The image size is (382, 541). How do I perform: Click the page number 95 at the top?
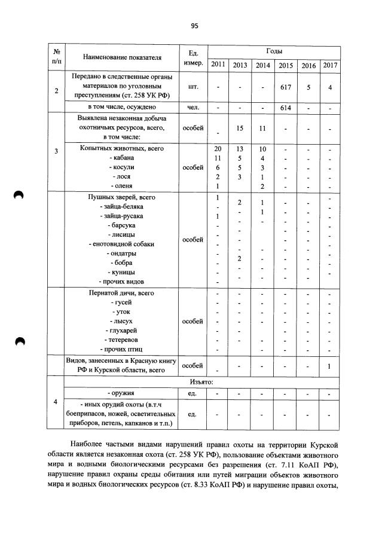pyautogui.click(x=194, y=26)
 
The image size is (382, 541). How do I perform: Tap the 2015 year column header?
pyautogui.click(x=286, y=65)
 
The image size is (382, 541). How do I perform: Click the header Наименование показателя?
pyautogui.click(x=123, y=58)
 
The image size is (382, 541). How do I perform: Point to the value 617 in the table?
pyautogui.click(x=286, y=87)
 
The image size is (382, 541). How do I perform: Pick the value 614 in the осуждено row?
pyautogui.click(x=286, y=108)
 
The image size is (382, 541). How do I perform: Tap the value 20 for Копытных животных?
pyautogui.click(x=218, y=148)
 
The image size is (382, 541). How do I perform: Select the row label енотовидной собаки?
pyautogui.click(x=121, y=244)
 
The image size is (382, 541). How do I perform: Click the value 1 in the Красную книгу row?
pyautogui.click(x=329, y=366)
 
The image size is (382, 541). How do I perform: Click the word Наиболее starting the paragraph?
pyautogui.click(x=90, y=445)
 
